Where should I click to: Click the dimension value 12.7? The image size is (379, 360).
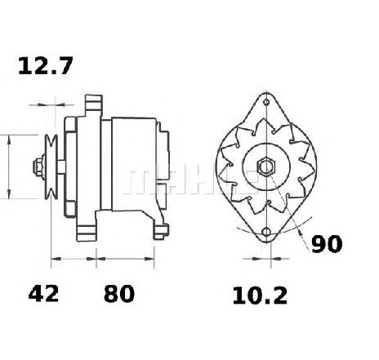tap(46, 66)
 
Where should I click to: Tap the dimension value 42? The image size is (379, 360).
tap(43, 294)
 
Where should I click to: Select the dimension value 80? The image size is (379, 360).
tap(119, 294)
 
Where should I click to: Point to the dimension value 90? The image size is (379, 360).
tap(327, 244)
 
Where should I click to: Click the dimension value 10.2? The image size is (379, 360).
tap(260, 296)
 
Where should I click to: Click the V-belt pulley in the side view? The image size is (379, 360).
tap(51, 167)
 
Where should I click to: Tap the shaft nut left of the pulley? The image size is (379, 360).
tap(38, 167)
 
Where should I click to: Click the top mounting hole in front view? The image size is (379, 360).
tap(266, 102)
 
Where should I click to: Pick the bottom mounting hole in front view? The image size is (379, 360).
tap(266, 232)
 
